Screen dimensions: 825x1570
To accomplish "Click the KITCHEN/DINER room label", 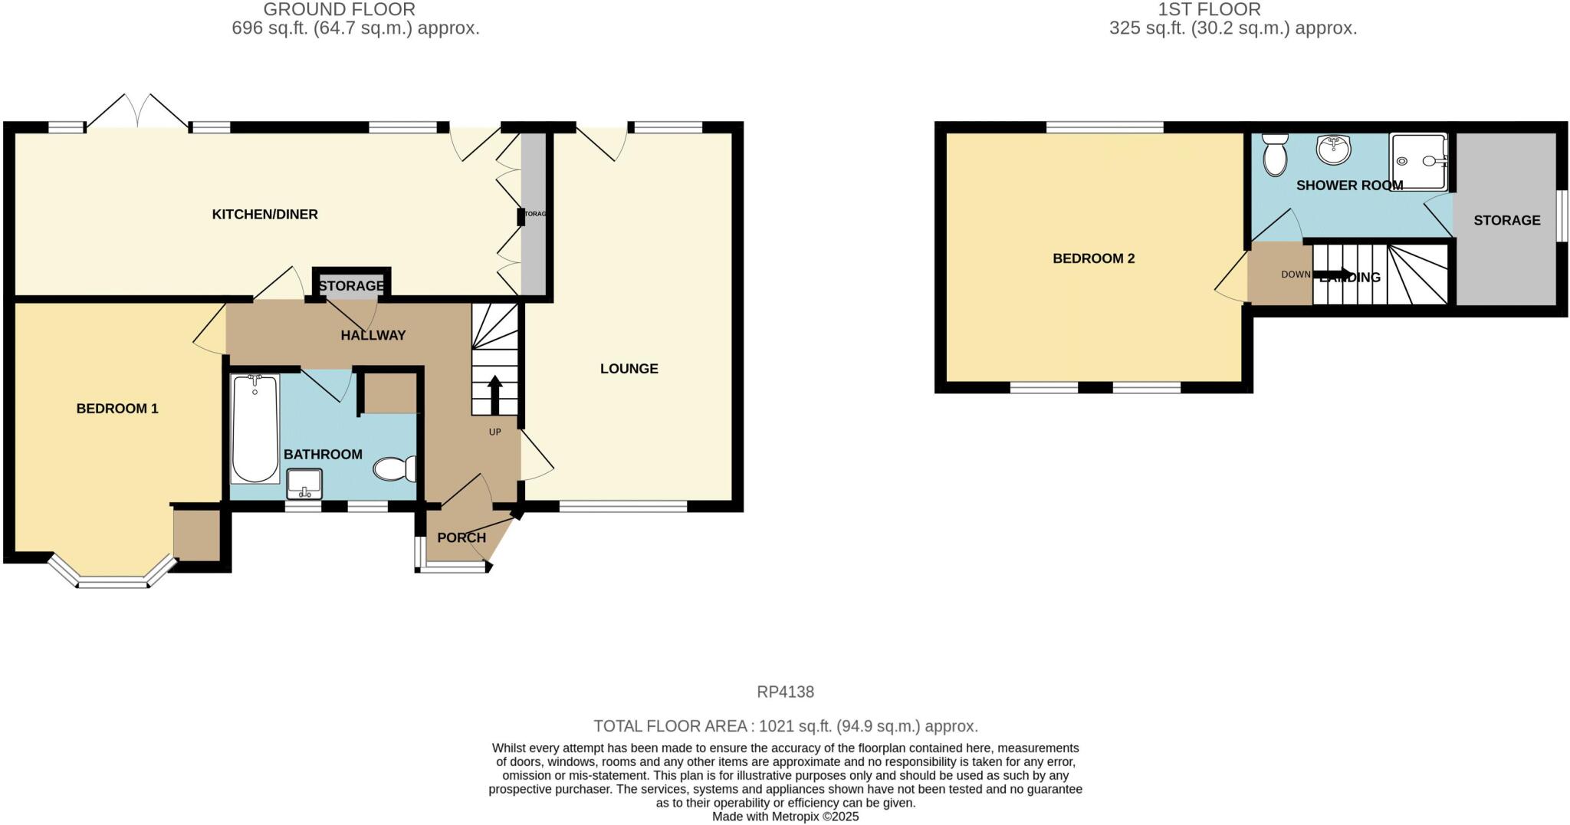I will tap(264, 215).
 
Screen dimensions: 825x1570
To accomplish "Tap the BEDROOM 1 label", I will tap(117, 409).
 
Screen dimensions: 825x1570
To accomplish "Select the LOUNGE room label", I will tap(629, 369).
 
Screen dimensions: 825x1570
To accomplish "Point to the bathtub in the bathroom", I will tap(255, 429).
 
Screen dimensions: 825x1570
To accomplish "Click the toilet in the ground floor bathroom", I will tap(394, 468).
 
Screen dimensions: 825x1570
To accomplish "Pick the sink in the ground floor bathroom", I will tap(304, 483).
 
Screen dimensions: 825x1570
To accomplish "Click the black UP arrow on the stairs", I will tap(494, 395).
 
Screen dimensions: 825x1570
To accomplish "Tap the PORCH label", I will tap(461, 537).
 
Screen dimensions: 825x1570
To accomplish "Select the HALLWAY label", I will tap(373, 335).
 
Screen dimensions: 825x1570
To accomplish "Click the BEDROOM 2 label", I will tap(1093, 258).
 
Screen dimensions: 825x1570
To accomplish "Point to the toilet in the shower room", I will tap(1275, 155).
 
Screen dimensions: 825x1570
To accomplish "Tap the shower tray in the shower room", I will tap(1418, 162).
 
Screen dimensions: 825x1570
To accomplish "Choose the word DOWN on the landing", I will tap(1296, 274).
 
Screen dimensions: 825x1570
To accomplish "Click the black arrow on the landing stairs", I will tap(1334, 274).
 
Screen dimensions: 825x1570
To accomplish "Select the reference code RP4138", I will tap(785, 692).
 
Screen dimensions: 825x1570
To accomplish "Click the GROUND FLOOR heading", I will tap(339, 10).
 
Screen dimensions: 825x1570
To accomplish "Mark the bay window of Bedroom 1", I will tap(113, 580).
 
